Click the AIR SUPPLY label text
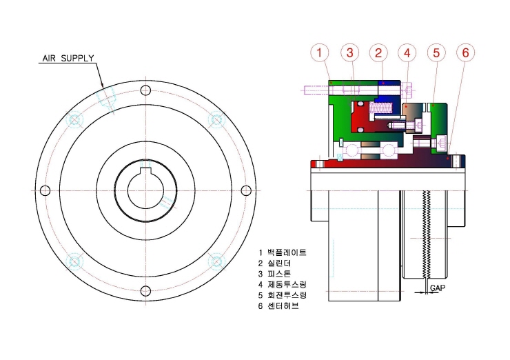(68, 58)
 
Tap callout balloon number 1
(319, 52)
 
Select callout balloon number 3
(349, 52)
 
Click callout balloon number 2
(378, 52)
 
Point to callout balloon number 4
(407, 52)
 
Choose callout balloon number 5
(436, 52)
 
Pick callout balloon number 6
(465, 52)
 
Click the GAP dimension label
(438, 288)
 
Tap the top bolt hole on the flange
(145, 90)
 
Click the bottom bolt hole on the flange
(145, 291)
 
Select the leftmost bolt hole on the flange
(45, 190)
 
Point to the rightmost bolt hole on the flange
(246, 190)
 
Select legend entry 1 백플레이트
(283, 252)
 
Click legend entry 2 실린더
(274, 263)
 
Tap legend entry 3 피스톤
(274, 274)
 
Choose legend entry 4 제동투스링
(283, 285)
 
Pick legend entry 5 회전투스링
(283, 295)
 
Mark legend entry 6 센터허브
(278, 306)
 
